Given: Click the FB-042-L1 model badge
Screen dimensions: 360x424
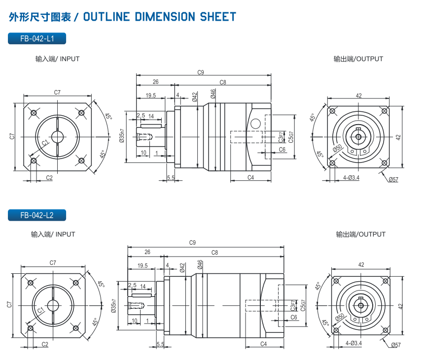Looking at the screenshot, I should click(x=37, y=38).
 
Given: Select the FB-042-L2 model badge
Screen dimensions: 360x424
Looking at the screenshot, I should click(x=37, y=215).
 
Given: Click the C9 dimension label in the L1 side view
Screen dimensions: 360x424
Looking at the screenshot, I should click(x=201, y=72).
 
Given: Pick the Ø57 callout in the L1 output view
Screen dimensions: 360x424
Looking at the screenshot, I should click(x=393, y=180).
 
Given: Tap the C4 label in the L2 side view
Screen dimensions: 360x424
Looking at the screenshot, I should click(x=263, y=343).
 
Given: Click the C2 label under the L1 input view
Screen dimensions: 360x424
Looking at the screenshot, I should click(x=49, y=177).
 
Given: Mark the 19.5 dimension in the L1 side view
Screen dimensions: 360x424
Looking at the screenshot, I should click(x=151, y=96).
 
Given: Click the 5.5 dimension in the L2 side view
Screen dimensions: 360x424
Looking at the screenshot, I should click(x=160, y=344).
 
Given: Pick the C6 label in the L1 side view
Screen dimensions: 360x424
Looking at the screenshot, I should click(x=282, y=149).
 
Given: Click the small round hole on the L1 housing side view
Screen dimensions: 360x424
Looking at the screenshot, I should click(x=255, y=124).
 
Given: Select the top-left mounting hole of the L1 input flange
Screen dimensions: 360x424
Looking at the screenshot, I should click(x=34, y=113).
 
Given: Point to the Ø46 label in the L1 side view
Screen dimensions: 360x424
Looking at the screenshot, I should click(x=213, y=94).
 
